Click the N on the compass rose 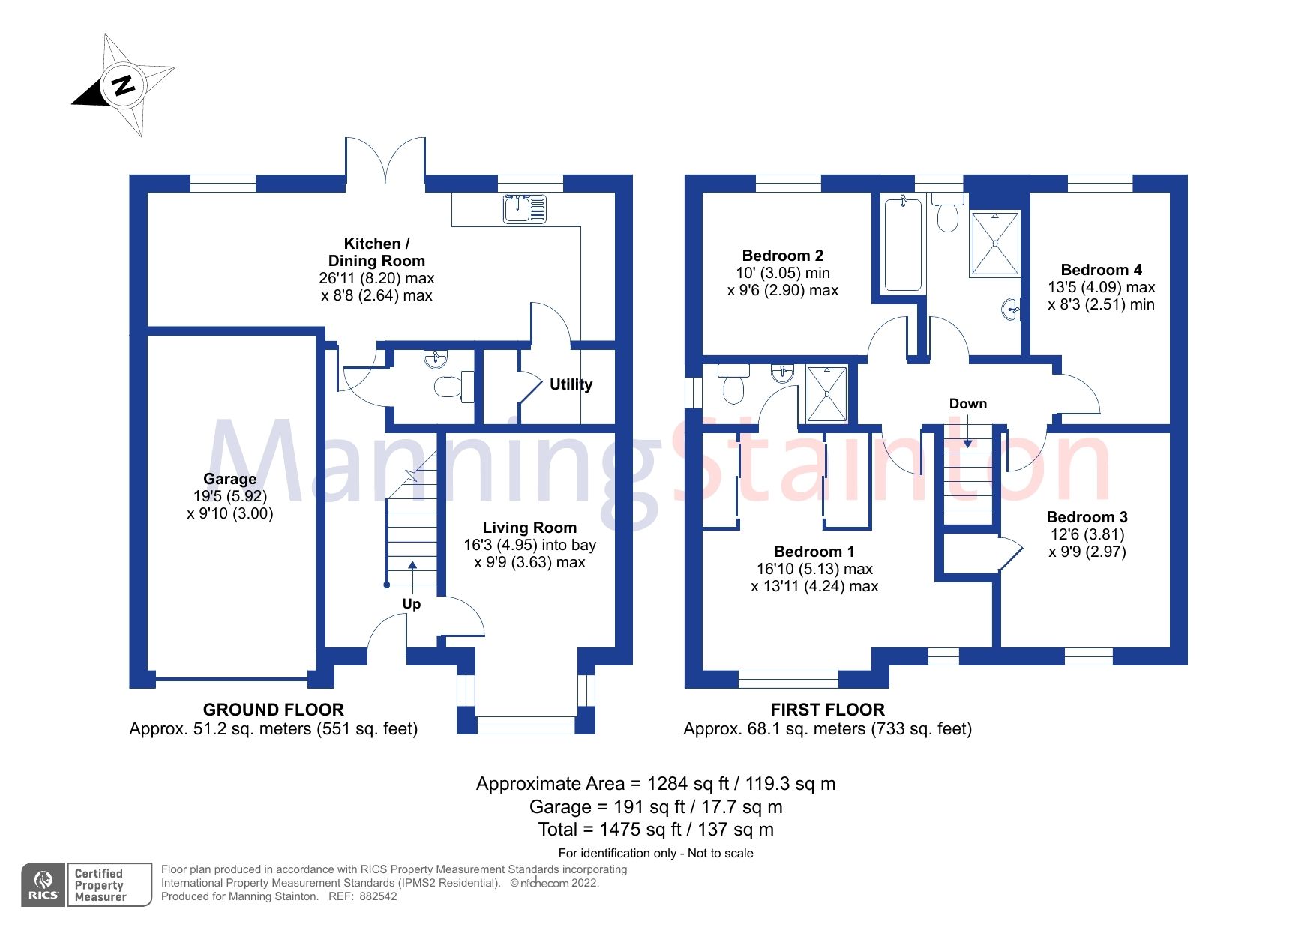click(x=124, y=84)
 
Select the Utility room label click(x=571, y=384)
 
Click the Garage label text click(x=229, y=479)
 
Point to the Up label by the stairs click(x=412, y=604)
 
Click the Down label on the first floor click(x=967, y=404)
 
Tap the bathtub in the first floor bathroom click(x=902, y=244)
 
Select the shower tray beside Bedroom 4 click(x=995, y=244)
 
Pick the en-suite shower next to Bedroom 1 click(x=826, y=393)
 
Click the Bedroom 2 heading click(x=782, y=256)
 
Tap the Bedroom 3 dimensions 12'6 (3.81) click(x=1087, y=534)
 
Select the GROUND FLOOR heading click(x=273, y=710)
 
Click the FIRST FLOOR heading click(x=827, y=710)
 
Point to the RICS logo click(x=43, y=884)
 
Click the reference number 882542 click(x=378, y=896)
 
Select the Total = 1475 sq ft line click(x=655, y=830)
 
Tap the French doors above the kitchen click(x=385, y=159)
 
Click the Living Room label click(x=529, y=528)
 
